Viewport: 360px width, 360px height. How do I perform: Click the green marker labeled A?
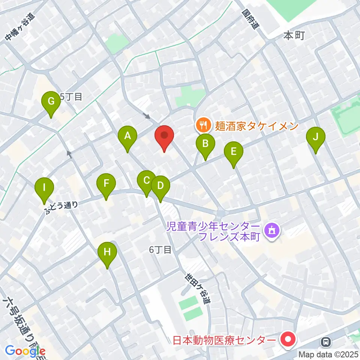point(127,136)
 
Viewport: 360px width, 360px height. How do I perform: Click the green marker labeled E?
point(233,152)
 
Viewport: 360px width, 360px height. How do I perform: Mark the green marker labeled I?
point(44,187)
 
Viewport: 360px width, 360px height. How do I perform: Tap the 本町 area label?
point(294,36)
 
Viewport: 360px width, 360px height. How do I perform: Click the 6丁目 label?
point(160,250)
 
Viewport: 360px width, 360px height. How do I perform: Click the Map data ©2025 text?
point(328,354)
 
